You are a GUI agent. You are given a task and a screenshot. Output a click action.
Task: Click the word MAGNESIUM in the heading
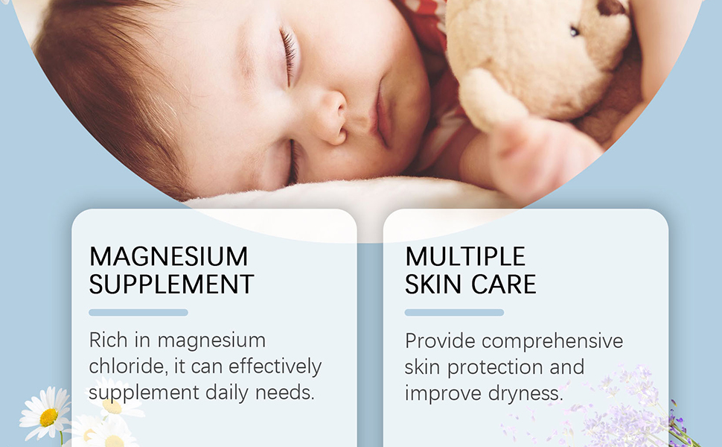168,257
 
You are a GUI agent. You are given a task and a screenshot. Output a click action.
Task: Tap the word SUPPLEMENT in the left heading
171,284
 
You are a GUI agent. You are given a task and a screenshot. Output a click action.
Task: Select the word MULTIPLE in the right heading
465,257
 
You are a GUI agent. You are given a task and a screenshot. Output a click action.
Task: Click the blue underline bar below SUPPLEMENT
138,312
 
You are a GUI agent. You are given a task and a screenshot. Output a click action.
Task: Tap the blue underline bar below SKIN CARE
454,312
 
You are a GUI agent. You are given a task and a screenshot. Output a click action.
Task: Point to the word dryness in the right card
522,393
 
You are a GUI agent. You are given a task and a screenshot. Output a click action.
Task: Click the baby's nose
330,119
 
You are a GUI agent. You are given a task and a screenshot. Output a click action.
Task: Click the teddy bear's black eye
574,31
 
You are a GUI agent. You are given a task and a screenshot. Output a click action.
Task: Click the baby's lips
382,112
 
